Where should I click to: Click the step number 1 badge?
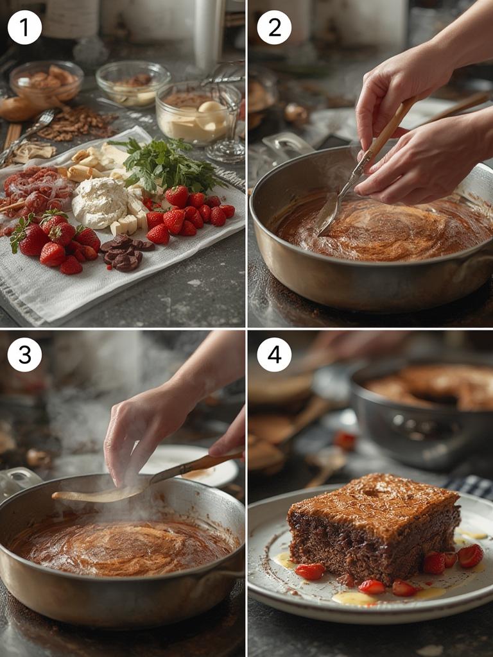click(25, 28)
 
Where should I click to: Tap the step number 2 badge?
click(274, 28)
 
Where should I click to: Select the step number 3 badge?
click(25, 355)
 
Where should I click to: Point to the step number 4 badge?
click(274, 355)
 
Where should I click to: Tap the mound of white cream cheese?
click(99, 203)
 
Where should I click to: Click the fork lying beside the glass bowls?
click(26, 135)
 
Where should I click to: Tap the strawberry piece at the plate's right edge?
click(470, 556)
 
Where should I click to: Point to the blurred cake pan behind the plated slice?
click(421, 413)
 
